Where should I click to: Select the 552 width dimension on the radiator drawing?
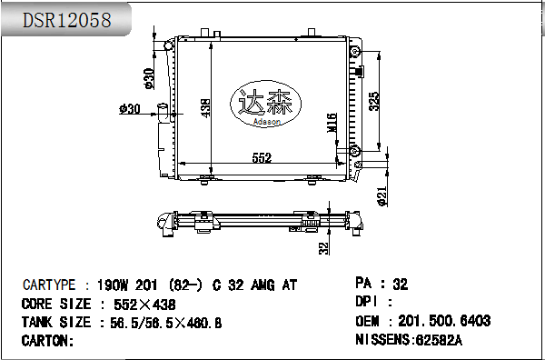click(x=262, y=158)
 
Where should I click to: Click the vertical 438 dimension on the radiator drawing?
click(x=206, y=107)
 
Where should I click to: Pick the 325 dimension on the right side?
click(x=374, y=102)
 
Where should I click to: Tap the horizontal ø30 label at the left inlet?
click(x=131, y=109)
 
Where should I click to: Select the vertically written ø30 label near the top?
click(x=149, y=80)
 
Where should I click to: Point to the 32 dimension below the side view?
click(x=323, y=246)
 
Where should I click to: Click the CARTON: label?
click(x=47, y=341)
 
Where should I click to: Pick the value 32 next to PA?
click(x=400, y=284)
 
